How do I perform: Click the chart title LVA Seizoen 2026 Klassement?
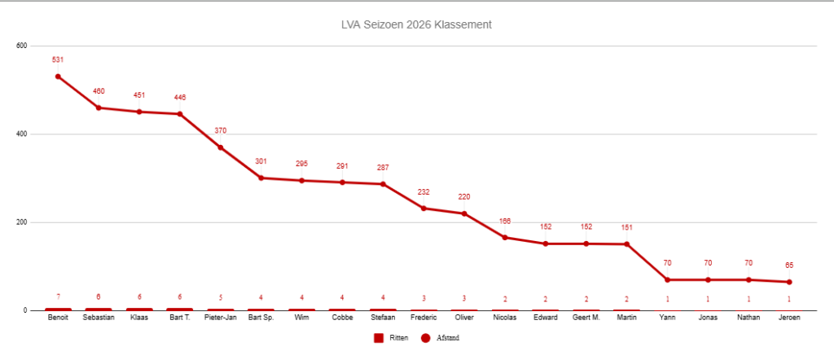(x=416, y=24)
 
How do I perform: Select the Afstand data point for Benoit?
(x=58, y=77)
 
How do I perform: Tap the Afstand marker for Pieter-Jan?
(x=221, y=147)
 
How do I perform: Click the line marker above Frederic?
(x=424, y=209)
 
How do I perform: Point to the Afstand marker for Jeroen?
(x=789, y=282)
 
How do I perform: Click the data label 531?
(x=58, y=59)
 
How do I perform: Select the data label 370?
(x=221, y=130)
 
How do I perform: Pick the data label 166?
(x=505, y=221)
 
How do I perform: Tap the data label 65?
(x=789, y=265)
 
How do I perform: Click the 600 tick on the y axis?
(x=22, y=46)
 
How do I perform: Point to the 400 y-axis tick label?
(x=22, y=134)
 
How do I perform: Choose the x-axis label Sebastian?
(x=99, y=318)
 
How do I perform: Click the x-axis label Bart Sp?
(x=261, y=318)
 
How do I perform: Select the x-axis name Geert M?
(x=586, y=318)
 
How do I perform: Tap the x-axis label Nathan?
(x=748, y=318)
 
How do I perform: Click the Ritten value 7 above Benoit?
(x=58, y=296)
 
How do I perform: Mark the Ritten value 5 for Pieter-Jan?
(x=221, y=297)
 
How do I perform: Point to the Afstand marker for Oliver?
(x=464, y=213)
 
